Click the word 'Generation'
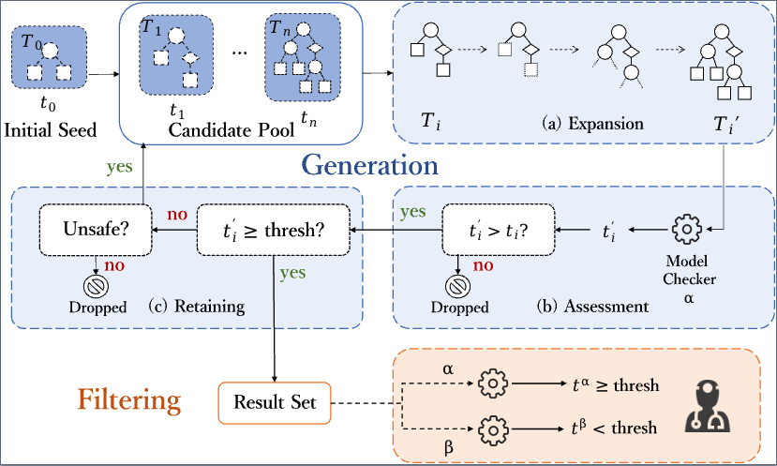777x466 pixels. (369, 166)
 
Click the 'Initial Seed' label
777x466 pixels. (52, 128)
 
